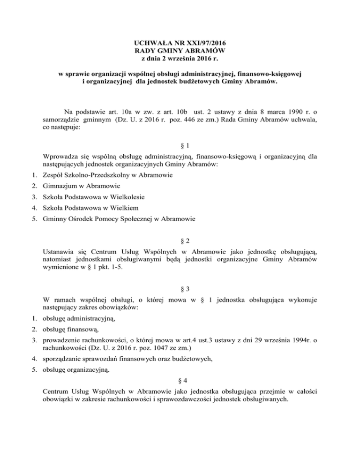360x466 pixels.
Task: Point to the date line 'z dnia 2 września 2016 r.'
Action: click(180, 59)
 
